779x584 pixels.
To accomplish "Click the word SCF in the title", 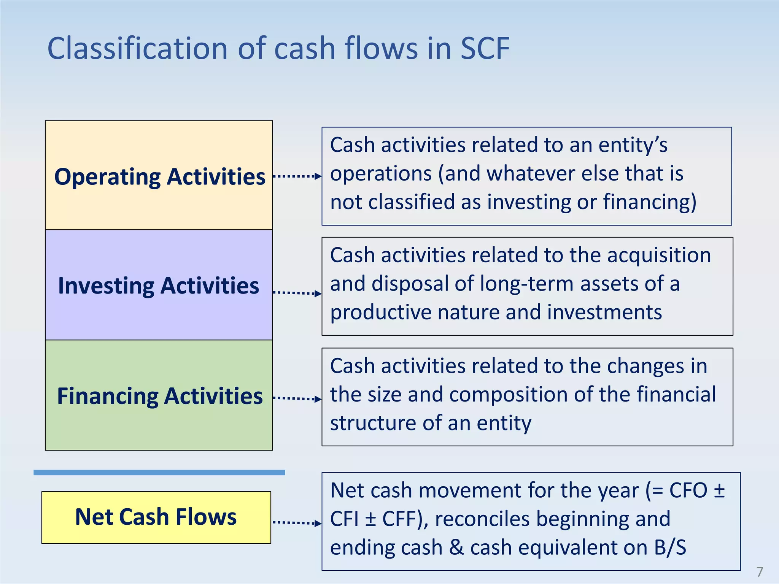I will [485, 49].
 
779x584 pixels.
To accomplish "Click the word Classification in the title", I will [137, 49].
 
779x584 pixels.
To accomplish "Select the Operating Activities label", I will [159, 177].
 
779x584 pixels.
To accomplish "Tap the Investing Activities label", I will [158, 286].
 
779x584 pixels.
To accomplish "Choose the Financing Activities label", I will [159, 396].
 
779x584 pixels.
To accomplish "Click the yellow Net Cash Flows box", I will [156, 517].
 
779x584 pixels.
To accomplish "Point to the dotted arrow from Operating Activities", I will [297, 176].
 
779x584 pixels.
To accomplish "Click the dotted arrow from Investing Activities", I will [297, 293].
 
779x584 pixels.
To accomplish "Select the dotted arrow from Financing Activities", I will [297, 398].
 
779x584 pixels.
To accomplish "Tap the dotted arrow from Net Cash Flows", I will [297, 523].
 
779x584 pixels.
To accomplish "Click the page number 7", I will [760, 571].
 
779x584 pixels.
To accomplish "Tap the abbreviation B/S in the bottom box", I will [670, 548].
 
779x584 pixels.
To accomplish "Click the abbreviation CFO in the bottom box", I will [688, 490].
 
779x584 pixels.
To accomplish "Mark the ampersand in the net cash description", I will [456, 548].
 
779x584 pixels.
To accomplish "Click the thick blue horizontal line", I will [159, 473].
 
